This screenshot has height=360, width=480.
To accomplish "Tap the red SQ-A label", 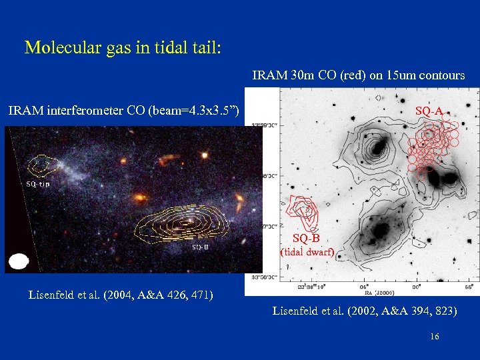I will pos(429,111).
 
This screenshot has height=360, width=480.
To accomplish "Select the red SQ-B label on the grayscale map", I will pos(306,238).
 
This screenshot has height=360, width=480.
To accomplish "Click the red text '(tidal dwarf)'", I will pos(307,251).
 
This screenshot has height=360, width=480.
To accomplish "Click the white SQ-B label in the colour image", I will pos(201,247).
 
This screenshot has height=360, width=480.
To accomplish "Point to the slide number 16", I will pos(434,337).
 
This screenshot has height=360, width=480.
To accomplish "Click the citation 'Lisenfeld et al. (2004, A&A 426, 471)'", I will pos(121,295).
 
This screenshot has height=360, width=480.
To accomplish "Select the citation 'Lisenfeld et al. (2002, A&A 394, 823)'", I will pos(365,310).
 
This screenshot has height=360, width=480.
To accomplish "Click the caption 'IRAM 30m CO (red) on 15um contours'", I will pos(359,75).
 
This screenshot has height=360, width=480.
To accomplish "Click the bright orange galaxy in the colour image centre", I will pos(140,198).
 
